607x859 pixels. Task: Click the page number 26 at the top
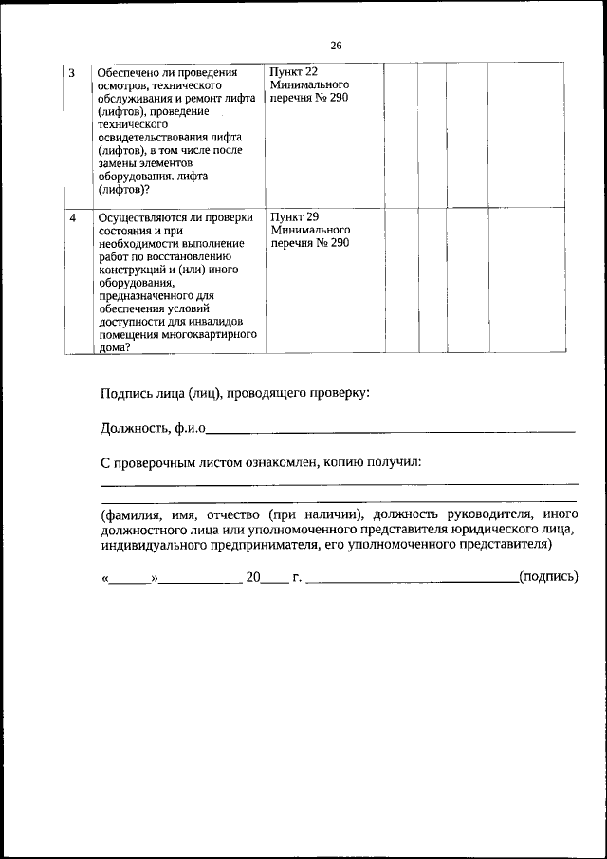click(x=336, y=45)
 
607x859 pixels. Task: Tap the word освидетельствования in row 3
click(x=150, y=138)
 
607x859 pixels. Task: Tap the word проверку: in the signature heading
click(x=340, y=393)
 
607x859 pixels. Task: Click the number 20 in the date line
click(x=253, y=576)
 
